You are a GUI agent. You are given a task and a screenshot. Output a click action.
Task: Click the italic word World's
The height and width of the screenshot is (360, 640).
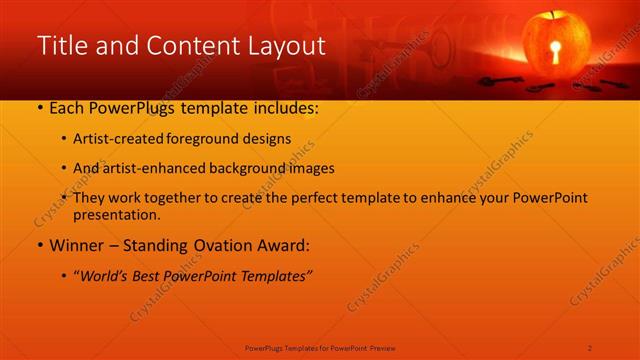[108, 275]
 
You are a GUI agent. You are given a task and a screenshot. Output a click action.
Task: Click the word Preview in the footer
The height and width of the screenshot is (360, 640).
[383, 347]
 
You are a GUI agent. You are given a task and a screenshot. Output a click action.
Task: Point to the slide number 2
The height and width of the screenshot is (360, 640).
[590, 347]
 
